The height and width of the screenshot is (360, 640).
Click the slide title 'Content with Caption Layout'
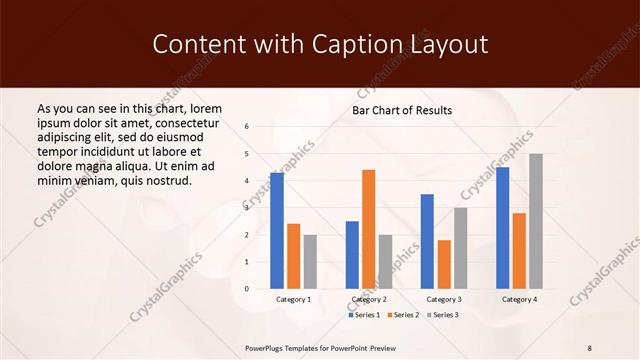(320, 44)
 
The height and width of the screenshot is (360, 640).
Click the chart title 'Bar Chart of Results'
(402, 110)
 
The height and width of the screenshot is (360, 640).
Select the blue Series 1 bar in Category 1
(276, 231)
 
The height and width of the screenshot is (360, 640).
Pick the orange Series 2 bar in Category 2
(368, 229)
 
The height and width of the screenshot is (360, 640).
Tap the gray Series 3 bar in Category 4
(536, 221)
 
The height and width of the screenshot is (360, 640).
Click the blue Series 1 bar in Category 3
(427, 241)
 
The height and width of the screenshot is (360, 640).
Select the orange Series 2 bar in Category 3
(444, 264)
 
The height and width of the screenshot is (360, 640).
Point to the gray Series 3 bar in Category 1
(310, 261)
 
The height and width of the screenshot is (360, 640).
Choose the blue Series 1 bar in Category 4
(502, 228)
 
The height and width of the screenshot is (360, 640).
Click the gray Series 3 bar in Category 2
(385, 261)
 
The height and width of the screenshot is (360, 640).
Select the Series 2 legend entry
(405, 315)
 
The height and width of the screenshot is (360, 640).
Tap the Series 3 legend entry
(443, 315)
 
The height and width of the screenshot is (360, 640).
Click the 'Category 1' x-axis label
(293, 299)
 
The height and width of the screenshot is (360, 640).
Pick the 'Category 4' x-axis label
(519, 299)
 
